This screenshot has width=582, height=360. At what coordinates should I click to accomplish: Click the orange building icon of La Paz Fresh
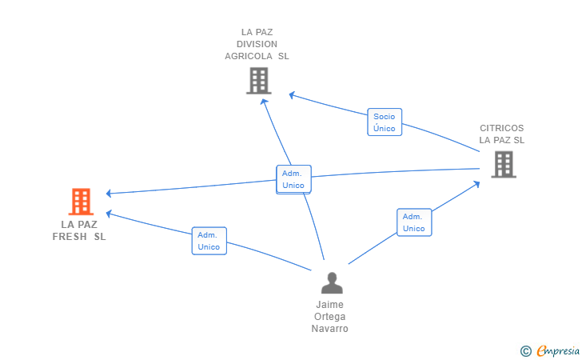pyautogui.click(x=81, y=202)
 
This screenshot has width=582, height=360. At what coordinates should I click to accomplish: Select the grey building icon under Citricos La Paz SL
pyautogui.click(x=504, y=164)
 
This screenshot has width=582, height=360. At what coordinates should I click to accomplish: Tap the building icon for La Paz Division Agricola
pyautogui.click(x=259, y=81)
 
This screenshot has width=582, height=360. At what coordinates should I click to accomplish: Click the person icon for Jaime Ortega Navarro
pyautogui.click(x=332, y=282)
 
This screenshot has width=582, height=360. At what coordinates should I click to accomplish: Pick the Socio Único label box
pyautogui.click(x=385, y=122)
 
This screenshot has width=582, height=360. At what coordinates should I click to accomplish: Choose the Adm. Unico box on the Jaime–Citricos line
pyautogui.click(x=414, y=222)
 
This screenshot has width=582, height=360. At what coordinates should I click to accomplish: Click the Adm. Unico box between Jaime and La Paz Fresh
pyautogui.click(x=209, y=241)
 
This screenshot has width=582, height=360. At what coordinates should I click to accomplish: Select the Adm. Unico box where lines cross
pyautogui.click(x=293, y=179)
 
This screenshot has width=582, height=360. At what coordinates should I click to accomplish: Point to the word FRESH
pyautogui.click(x=70, y=237)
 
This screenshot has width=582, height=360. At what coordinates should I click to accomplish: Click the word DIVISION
pyautogui.click(x=257, y=44)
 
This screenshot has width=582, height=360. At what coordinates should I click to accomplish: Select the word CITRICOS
pyautogui.click(x=501, y=128)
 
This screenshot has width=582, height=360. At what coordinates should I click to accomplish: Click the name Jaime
pyautogui.click(x=329, y=305)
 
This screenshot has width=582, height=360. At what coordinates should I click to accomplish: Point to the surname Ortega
pyautogui.click(x=329, y=317)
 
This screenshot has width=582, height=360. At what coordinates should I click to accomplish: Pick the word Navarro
pyautogui.click(x=329, y=329)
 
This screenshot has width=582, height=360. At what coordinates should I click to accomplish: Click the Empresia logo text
pyautogui.click(x=558, y=350)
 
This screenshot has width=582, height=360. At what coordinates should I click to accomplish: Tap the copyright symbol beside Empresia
pyautogui.click(x=525, y=351)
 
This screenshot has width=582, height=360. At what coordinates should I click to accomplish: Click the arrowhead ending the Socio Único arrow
pyautogui.click(x=292, y=95)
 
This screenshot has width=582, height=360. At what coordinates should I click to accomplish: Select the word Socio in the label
pyautogui.click(x=385, y=117)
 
